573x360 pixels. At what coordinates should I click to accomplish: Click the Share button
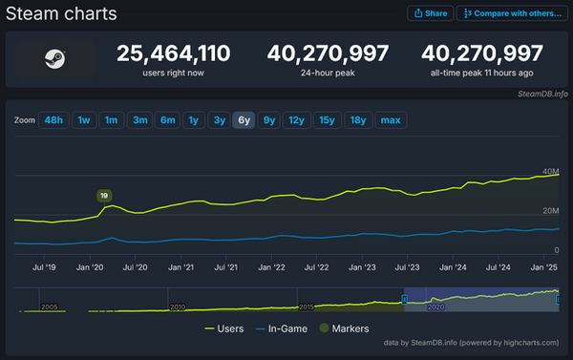(x=430, y=13)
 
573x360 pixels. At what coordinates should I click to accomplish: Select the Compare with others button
(x=511, y=13)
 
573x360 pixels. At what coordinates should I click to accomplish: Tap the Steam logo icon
(x=53, y=58)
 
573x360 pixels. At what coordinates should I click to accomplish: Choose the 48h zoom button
(x=53, y=120)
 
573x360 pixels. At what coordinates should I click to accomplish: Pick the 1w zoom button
(x=84, y=120)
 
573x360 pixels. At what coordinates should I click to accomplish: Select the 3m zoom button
(x=139, y=120)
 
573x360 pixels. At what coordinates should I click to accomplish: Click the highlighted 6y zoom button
(x=244, y=120)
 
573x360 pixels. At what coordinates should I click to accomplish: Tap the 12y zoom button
(x=296, y=120)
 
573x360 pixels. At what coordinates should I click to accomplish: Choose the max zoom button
(x=390, y=120)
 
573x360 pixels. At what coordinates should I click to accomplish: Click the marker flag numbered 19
(x=104, y=196)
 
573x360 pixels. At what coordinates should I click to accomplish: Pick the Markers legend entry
(x=349, y=328)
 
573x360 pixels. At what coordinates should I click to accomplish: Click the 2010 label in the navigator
(x=178, y=307)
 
